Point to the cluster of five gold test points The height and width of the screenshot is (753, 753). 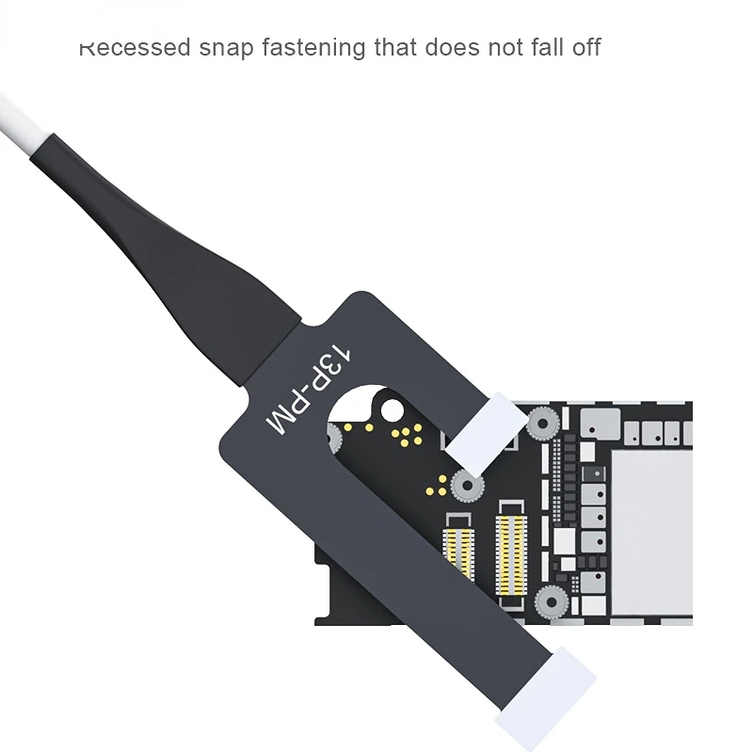coord(406,433)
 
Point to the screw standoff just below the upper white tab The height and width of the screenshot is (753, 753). coord(465,487)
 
